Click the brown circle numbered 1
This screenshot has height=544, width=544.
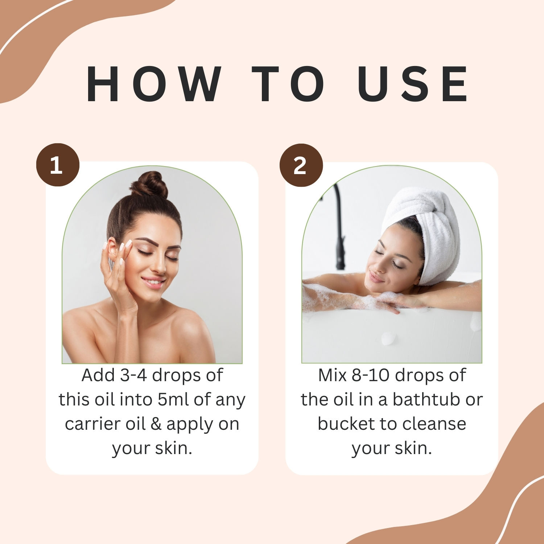58,165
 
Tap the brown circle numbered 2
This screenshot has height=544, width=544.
301,165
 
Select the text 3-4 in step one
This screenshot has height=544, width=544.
133,375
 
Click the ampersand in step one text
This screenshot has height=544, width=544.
156,424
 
